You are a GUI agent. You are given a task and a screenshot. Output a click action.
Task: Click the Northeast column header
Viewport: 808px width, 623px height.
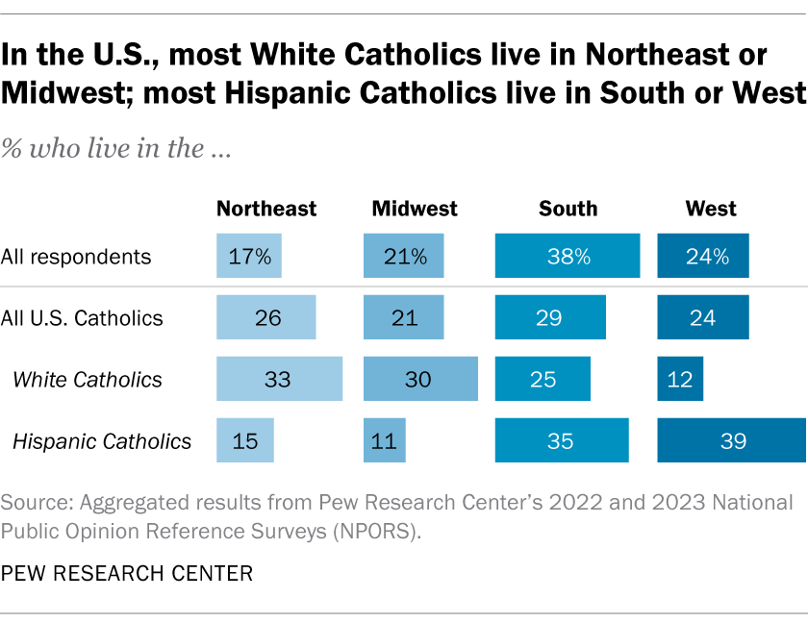(x=266, y=209)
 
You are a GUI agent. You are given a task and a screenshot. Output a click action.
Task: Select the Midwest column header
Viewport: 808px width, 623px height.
(x=415, y=209)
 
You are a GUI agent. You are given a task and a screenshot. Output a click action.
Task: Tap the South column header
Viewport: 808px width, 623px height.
(x=568, y=209)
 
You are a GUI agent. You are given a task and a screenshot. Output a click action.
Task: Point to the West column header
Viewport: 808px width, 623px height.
(x=711, y=209)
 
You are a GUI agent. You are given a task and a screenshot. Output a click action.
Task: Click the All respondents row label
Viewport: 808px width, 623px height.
(x=76, y=257)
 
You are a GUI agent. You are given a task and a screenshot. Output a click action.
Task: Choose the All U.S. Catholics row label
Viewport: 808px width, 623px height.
(x=82, y=318)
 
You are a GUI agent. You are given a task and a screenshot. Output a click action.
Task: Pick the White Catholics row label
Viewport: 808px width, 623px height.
(x=88, y=380)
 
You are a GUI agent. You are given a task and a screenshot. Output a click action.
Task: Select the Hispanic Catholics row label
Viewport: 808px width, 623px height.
(x=102, y=441)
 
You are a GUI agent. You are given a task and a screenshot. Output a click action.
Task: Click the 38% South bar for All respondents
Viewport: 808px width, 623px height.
(x=568, y=257)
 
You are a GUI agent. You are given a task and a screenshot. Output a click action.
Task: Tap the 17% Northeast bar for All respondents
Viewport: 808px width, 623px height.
(x=250, y=257)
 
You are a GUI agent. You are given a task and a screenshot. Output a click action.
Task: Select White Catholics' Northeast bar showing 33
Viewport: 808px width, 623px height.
(x=279, y=380)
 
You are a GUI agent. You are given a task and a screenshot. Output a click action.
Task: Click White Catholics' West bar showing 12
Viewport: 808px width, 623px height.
(x=680, y=380)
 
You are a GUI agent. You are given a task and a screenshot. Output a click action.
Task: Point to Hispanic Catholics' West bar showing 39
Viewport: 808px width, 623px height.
(x=731, y=441)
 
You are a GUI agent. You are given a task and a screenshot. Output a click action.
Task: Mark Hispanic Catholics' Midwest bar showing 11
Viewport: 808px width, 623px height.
(x=385, y=441)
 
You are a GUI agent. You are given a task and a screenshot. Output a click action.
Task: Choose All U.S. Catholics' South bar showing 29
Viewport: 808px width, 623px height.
(x=550, y=318)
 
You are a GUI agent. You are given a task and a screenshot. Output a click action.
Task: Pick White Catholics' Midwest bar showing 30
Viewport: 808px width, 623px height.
(x=420, y=380)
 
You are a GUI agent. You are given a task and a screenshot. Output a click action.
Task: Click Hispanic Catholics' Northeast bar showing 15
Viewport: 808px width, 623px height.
(x=245, y=441)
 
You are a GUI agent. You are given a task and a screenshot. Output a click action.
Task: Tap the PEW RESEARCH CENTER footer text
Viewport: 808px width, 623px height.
(x=128, y=574)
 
